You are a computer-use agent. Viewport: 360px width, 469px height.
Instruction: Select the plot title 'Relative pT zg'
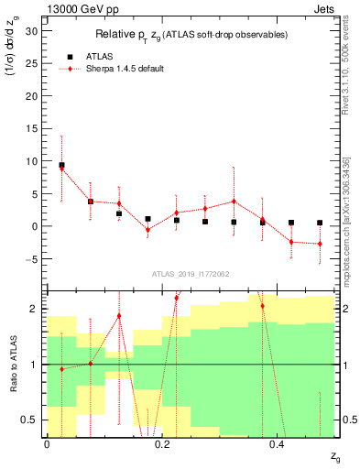(190, 35)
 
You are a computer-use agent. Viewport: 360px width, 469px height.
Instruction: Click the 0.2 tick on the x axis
(162, 444)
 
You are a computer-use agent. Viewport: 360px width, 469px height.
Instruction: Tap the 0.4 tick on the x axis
(278, 444)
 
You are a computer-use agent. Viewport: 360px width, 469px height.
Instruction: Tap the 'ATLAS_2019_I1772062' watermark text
(190, 273)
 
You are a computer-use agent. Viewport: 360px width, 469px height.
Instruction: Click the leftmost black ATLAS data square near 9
(61, 166)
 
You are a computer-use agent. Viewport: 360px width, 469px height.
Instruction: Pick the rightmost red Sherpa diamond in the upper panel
(320, 244)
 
